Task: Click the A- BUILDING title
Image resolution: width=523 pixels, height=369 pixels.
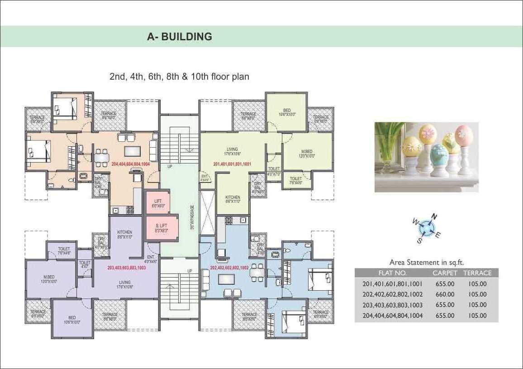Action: (180, 37)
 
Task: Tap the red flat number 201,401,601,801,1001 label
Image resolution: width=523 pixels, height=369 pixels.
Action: (232, 164)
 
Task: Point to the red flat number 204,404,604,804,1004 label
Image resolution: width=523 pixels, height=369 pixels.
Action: (131, 164)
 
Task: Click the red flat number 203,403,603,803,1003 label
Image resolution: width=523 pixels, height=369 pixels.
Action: (127, 268)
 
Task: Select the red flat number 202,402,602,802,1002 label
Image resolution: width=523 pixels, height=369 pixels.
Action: (229, 268)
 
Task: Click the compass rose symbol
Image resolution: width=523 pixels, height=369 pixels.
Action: (426, 228)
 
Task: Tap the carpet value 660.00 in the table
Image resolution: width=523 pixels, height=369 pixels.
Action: (445, 294)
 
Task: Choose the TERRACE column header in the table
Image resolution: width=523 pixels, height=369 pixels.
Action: (477, 273)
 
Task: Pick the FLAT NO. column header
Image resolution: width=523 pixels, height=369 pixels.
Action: (392, 273)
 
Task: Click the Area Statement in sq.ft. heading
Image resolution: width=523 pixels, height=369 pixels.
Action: (427, 262)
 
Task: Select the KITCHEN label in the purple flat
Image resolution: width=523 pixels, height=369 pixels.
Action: (124, 234)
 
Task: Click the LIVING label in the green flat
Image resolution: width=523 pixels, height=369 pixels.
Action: (232, 151)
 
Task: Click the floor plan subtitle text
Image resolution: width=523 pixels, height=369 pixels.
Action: (179, 77)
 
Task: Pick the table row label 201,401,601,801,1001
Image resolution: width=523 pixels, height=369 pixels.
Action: (392, 284)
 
